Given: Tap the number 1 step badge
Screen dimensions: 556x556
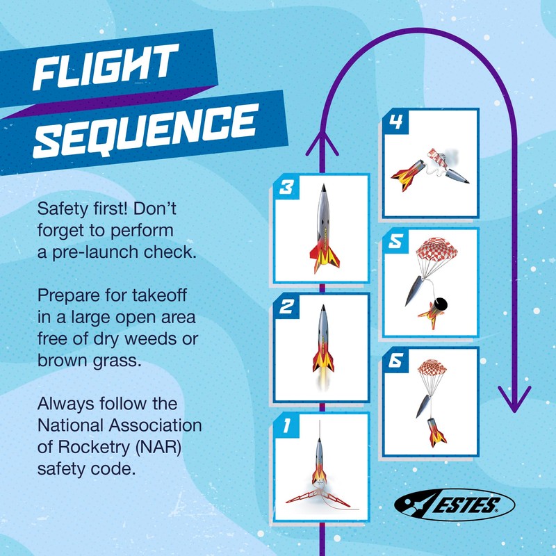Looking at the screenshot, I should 284,425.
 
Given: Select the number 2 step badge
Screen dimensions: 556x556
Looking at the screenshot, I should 284,306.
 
